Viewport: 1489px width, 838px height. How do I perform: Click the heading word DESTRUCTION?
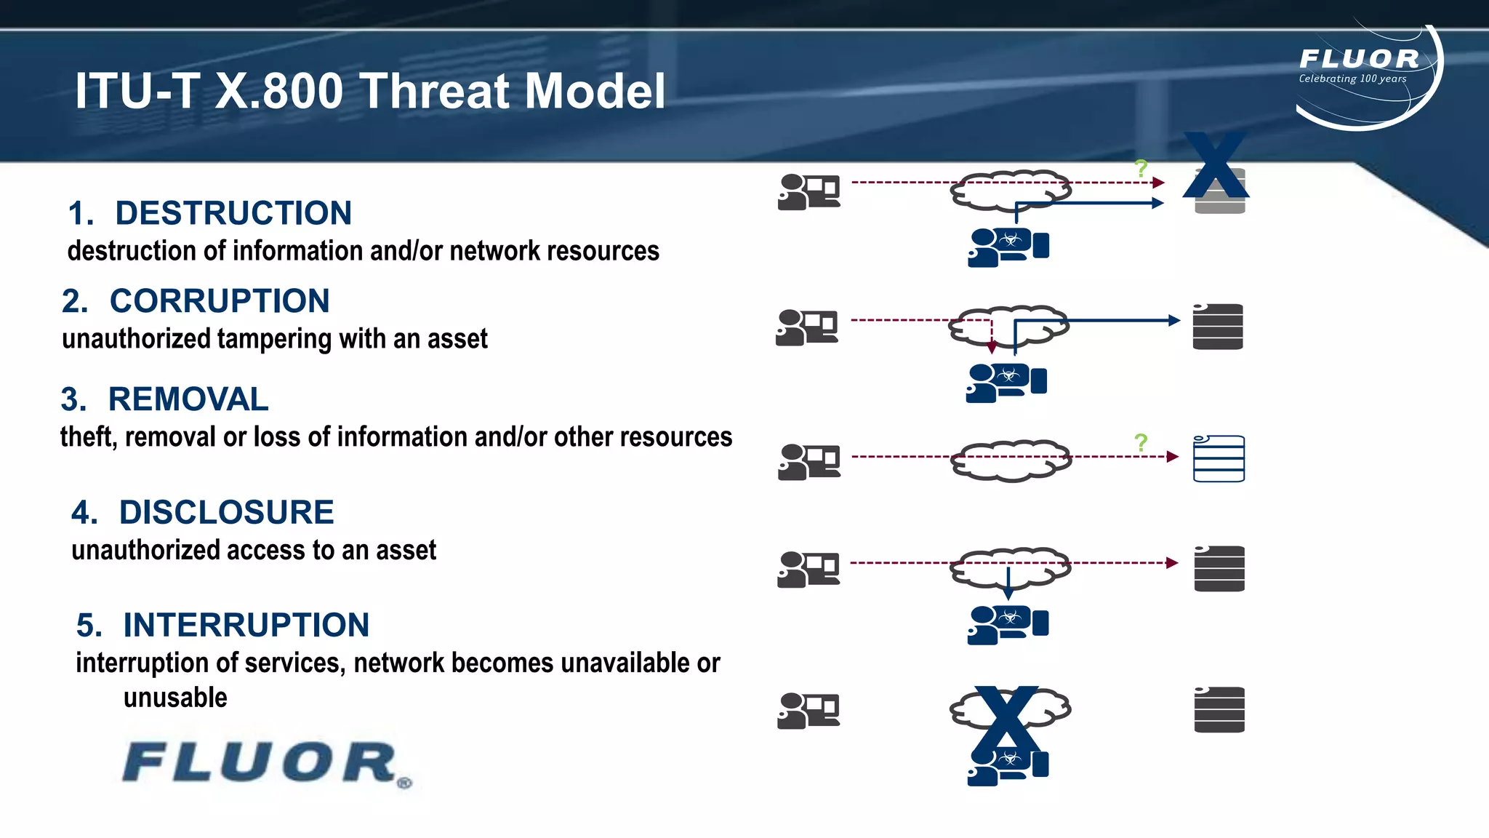tap(233, 213)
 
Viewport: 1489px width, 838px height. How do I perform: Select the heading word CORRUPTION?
tap(220, 301)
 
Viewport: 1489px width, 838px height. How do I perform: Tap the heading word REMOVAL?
tap(188, 399)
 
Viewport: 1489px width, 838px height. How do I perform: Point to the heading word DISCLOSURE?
tap(226, 512)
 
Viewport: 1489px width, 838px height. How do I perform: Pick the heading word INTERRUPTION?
tap(246, 625)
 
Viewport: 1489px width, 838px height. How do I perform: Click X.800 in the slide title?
tap(278, 92)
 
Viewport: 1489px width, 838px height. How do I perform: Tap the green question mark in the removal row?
tap(1141, 442)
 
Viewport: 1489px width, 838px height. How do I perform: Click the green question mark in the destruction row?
tap(1141, 169)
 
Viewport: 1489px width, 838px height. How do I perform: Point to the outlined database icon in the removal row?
tap(1219, 458)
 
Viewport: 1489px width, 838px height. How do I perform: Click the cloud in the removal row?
tap(1010, 460)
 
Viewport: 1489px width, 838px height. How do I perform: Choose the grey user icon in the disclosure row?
tap(808, 569)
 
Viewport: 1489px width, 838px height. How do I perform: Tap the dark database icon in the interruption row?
tap(1219, 709)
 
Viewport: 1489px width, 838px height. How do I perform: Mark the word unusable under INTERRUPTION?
tap(175, 698)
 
